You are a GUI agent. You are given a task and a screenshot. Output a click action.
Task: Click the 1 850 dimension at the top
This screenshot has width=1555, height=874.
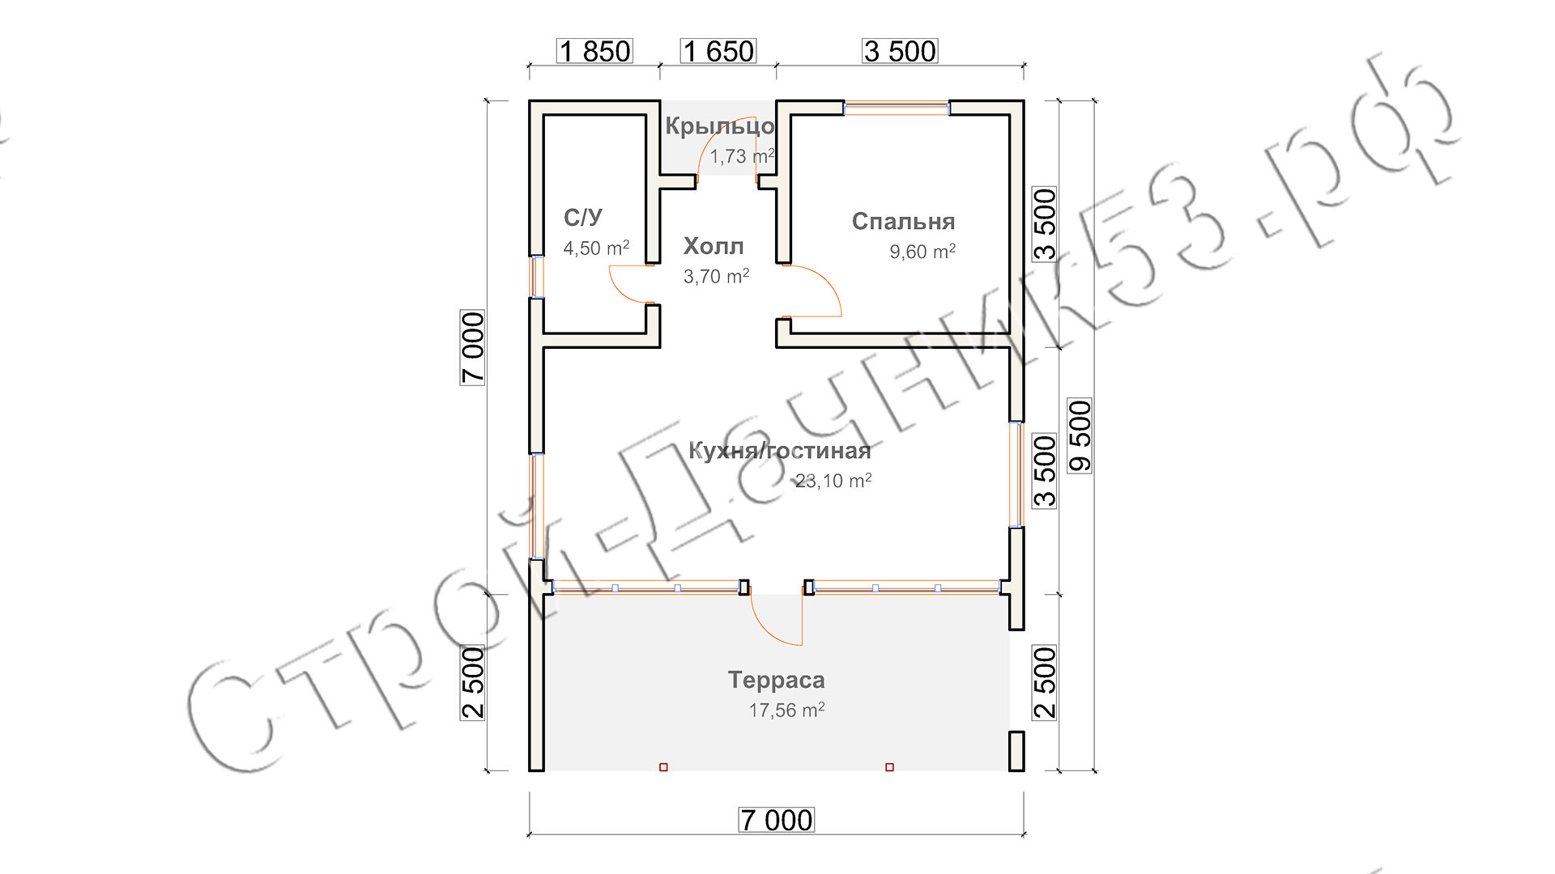594,51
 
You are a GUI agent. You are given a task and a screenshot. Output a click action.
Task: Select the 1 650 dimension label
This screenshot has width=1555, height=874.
718,51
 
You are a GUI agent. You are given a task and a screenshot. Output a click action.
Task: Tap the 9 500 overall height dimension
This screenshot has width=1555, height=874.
1080,435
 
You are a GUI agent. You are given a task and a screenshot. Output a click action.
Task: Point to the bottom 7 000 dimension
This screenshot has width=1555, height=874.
777,820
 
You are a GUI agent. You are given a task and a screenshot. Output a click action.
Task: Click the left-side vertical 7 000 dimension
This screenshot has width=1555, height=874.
472,347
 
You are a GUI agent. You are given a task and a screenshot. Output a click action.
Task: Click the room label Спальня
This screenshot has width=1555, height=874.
903,221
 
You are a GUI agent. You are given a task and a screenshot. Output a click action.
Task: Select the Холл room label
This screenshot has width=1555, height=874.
714,246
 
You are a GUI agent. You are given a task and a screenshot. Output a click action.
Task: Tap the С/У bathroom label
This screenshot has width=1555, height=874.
583,217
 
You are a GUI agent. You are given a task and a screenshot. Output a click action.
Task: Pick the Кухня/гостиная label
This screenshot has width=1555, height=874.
779,451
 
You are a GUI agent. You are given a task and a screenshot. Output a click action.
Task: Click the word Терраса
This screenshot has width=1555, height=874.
776,680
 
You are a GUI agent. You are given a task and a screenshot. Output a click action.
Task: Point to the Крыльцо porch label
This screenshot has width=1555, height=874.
720,126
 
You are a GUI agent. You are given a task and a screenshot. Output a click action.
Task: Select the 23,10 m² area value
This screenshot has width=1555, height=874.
833,481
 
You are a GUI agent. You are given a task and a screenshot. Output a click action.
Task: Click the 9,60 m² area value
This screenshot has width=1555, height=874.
922,252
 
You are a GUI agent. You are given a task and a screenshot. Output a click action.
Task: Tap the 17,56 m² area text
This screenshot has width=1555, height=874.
786,710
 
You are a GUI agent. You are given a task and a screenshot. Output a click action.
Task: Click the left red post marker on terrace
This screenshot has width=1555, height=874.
663,767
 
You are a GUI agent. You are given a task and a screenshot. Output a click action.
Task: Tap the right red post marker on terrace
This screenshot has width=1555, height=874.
889,767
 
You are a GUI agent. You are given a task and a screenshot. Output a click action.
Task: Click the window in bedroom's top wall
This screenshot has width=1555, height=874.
897,108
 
